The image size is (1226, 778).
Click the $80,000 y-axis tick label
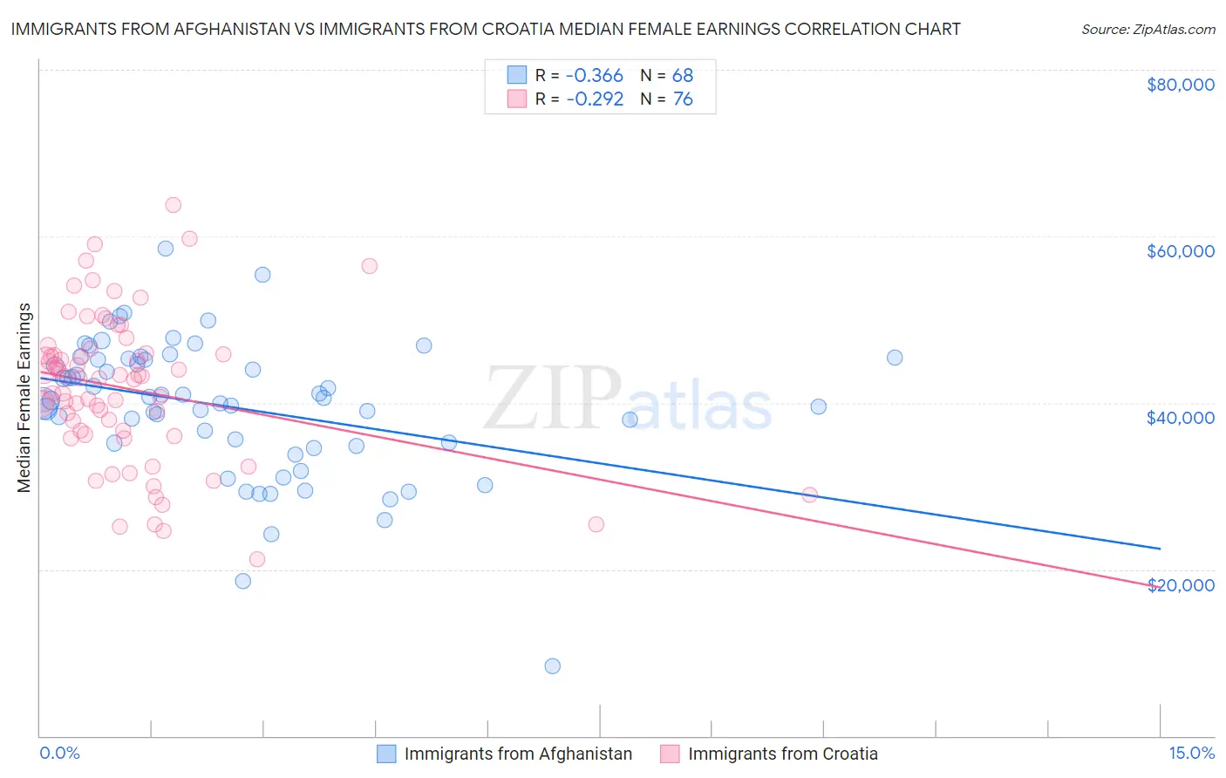(1181, 85)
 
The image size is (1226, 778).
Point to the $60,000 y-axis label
(1181, 251)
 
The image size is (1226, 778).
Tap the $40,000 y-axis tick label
(1181, 418)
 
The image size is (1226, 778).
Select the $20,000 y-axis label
(1181, 584)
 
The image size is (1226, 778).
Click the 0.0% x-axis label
(59, 753)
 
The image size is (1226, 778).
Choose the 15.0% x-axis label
(1191, 753)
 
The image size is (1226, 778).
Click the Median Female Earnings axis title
(24, 398)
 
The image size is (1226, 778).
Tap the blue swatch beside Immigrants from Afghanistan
(386, 754)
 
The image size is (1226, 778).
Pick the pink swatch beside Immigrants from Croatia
(670, 754)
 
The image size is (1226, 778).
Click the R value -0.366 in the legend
(595, 75)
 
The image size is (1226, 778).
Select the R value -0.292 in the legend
(595, 99)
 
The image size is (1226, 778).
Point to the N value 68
(683, 75)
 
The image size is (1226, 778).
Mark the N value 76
(683, 99)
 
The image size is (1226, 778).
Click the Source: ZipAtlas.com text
(1148, 30)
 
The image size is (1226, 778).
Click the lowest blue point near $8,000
(553, 666)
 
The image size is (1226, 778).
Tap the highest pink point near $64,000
(174, 205)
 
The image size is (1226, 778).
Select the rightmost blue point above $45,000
(895, 358)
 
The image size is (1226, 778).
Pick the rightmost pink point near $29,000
(810, 495)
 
